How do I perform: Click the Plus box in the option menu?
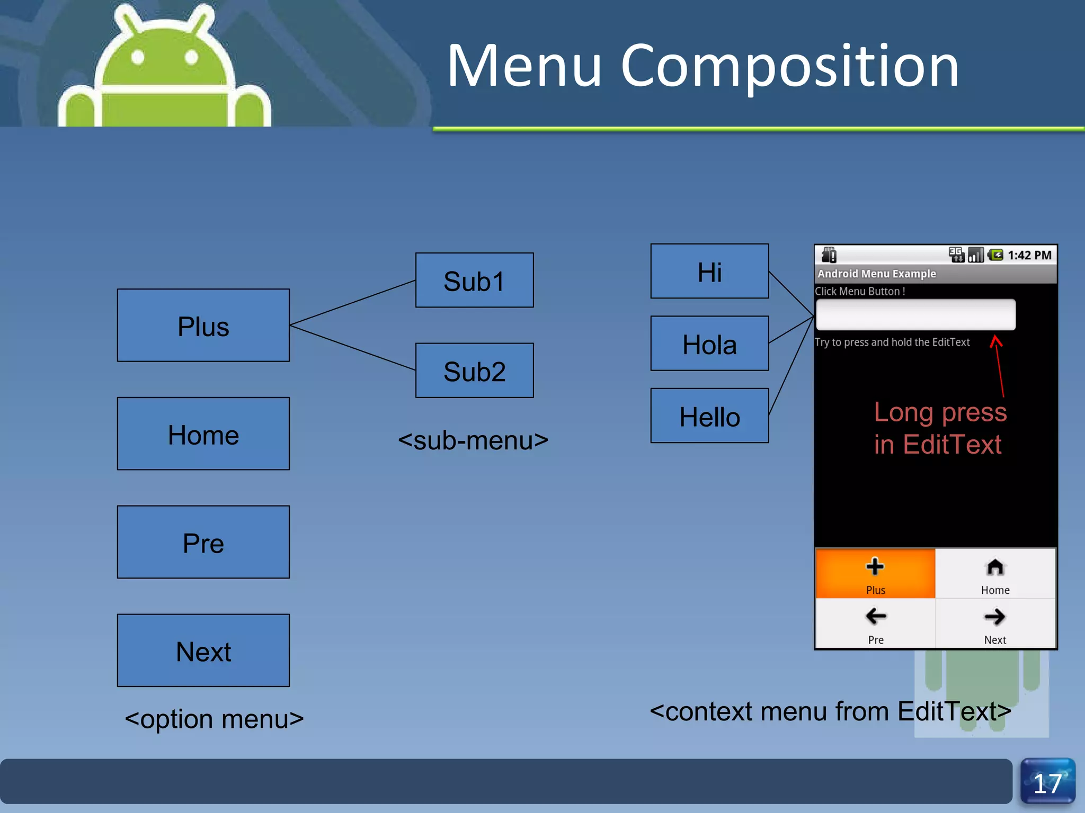203,326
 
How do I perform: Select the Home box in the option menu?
203,434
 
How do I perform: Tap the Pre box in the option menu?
203,542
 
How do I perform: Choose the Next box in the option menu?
203,651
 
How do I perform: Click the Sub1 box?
474,281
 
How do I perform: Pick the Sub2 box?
474,371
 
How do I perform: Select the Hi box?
709,272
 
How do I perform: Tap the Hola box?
709,344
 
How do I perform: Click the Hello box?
709,416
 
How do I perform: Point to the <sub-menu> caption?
473,440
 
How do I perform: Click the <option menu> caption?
214,719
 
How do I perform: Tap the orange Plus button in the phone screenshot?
875,574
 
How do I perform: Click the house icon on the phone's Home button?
995,567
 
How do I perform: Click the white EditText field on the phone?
915,314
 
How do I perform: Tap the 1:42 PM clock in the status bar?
1029,256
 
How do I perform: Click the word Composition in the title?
789,66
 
